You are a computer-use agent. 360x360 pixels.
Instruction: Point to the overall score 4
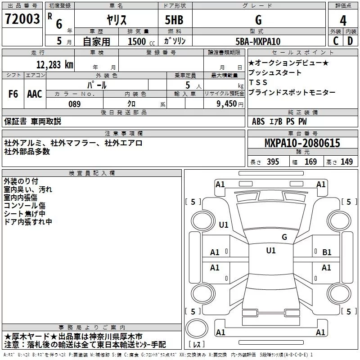(x=343, y=20)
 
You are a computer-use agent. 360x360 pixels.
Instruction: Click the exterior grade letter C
(x=336, y=41)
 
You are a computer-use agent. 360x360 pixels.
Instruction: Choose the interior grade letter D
(x=350, y=41)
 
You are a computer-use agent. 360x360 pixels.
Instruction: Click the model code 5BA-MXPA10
(x=258, y=41)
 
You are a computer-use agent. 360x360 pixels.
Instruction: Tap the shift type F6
(x=13, y=94)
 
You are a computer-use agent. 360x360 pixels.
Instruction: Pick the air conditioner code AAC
(x=35, y=94)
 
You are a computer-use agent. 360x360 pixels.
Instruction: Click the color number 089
(x=74, y=104)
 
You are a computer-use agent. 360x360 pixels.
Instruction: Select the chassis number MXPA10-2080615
(x=302, y=144)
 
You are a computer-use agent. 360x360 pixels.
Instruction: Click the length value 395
(x=273, y=162)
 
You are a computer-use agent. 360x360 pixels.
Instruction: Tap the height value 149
(x=346, y=162)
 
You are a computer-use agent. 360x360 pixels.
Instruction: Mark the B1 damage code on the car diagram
(x=327, y=252)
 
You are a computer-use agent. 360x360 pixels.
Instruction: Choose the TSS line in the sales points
(x=258, y=82)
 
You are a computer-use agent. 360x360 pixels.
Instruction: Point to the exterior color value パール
(x=97, y=85)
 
